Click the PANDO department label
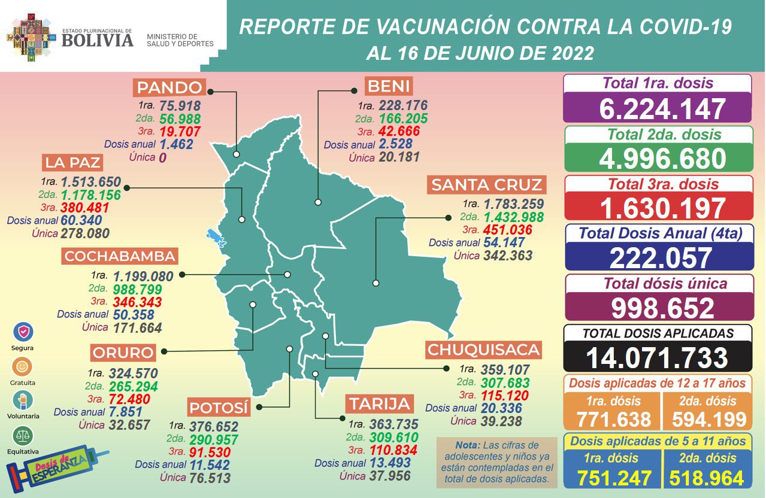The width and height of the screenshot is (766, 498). coord(169,87)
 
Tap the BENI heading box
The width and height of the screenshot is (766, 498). coord(389,86)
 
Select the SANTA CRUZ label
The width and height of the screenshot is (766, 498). coord(486,185)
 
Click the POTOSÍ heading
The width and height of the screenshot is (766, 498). coord(219,408)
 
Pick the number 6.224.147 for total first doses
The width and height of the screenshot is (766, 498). coord(658,109)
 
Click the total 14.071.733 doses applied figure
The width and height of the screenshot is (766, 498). coord(657,357)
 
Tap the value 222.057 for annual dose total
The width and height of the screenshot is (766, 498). coord(658,258)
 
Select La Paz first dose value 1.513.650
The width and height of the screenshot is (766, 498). coord(90,182)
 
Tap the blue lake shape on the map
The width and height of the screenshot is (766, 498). coord(216,238)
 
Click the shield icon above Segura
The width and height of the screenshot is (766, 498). coord(23,332)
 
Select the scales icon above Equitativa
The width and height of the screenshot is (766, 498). coord(23,435)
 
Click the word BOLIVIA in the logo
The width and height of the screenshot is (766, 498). coord(97,40)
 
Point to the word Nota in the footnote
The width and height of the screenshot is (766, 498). coord(467,446)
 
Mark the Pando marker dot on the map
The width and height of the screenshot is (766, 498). coord(237,153)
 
